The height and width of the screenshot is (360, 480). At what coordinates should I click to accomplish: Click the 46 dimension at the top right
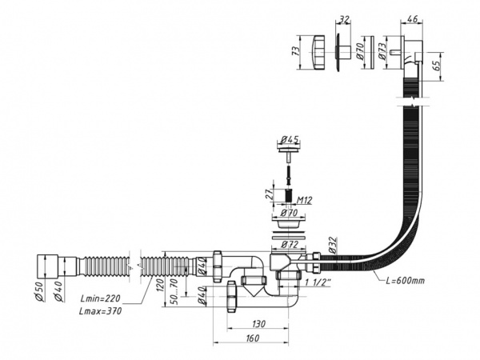(412, 18)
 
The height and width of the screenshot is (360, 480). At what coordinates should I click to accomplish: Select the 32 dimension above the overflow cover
(344, 19)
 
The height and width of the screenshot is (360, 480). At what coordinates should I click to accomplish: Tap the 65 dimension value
(437, 64)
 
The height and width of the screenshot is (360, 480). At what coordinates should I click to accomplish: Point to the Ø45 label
(290, 139)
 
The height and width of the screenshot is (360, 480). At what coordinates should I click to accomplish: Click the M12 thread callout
(304, 201)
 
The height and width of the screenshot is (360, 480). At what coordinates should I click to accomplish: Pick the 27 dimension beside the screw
(270, 194)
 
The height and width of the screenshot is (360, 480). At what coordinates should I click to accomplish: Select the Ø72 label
(290, 245)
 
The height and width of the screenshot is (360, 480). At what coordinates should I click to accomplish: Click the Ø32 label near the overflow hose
(333, 245)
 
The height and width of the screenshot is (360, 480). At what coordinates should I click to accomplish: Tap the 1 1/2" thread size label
(318, 282)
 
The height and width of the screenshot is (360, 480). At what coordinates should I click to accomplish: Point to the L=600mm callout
(405, 281)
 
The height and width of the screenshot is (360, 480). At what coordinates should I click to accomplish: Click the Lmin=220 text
(100, 298)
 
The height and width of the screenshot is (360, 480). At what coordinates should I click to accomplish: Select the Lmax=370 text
(100, 311)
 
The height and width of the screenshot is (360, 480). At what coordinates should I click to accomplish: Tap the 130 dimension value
(258, 323)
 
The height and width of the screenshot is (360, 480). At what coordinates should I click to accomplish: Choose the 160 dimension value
(252, 338)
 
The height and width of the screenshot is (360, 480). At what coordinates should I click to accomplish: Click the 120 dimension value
(162, 284)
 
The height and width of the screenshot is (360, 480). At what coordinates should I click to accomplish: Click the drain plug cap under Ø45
(289, 150)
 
